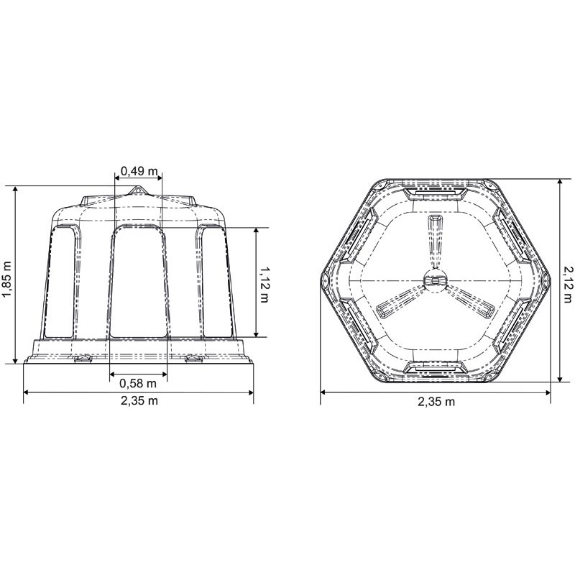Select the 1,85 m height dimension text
tap(7, 273)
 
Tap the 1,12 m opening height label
tap(264, 282)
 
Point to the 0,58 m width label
tap(139, 382)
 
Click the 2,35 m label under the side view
tap(139, 400)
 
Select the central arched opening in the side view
tap(139, 280)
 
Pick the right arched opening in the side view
tap(216, 280)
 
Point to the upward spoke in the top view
tap(434, 241)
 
